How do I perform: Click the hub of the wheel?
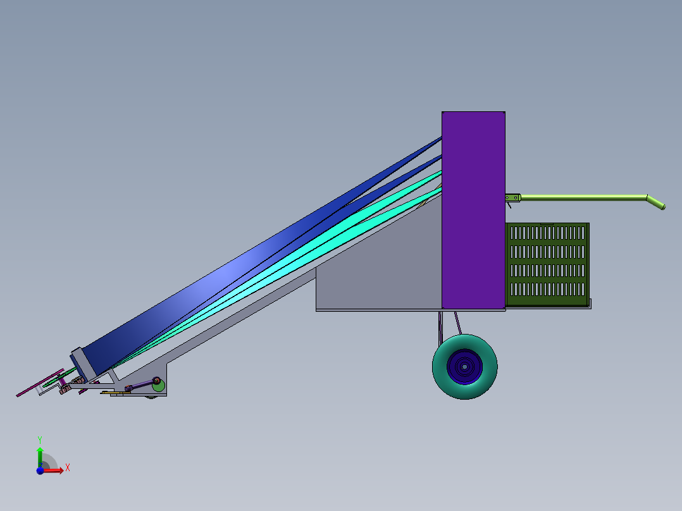[464, 366]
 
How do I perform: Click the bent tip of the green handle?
[657, 203]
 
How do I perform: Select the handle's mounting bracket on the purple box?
[512, 198]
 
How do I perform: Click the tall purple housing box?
[473, 209]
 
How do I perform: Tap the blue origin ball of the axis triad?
[40, 471]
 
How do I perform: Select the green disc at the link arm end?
[158, 385]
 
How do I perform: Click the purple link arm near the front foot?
[142, 385]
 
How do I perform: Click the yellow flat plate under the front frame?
[120, 393]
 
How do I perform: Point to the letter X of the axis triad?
[67, 468]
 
